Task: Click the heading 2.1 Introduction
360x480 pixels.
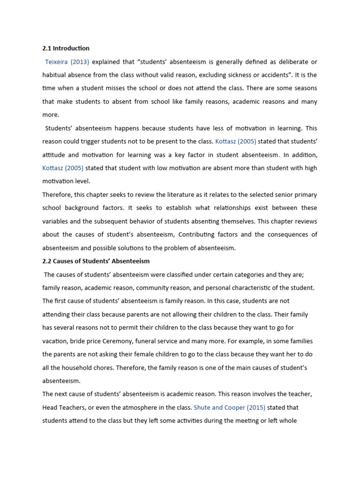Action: pyautogui.click(x=66, y=48)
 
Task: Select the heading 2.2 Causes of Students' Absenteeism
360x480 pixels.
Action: pyautogui.click(x=96, y=261)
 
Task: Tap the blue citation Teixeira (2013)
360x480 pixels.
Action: pyautogui.click(x=67, y=62)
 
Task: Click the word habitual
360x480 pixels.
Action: pyautogui.click(x=55, y=75)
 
